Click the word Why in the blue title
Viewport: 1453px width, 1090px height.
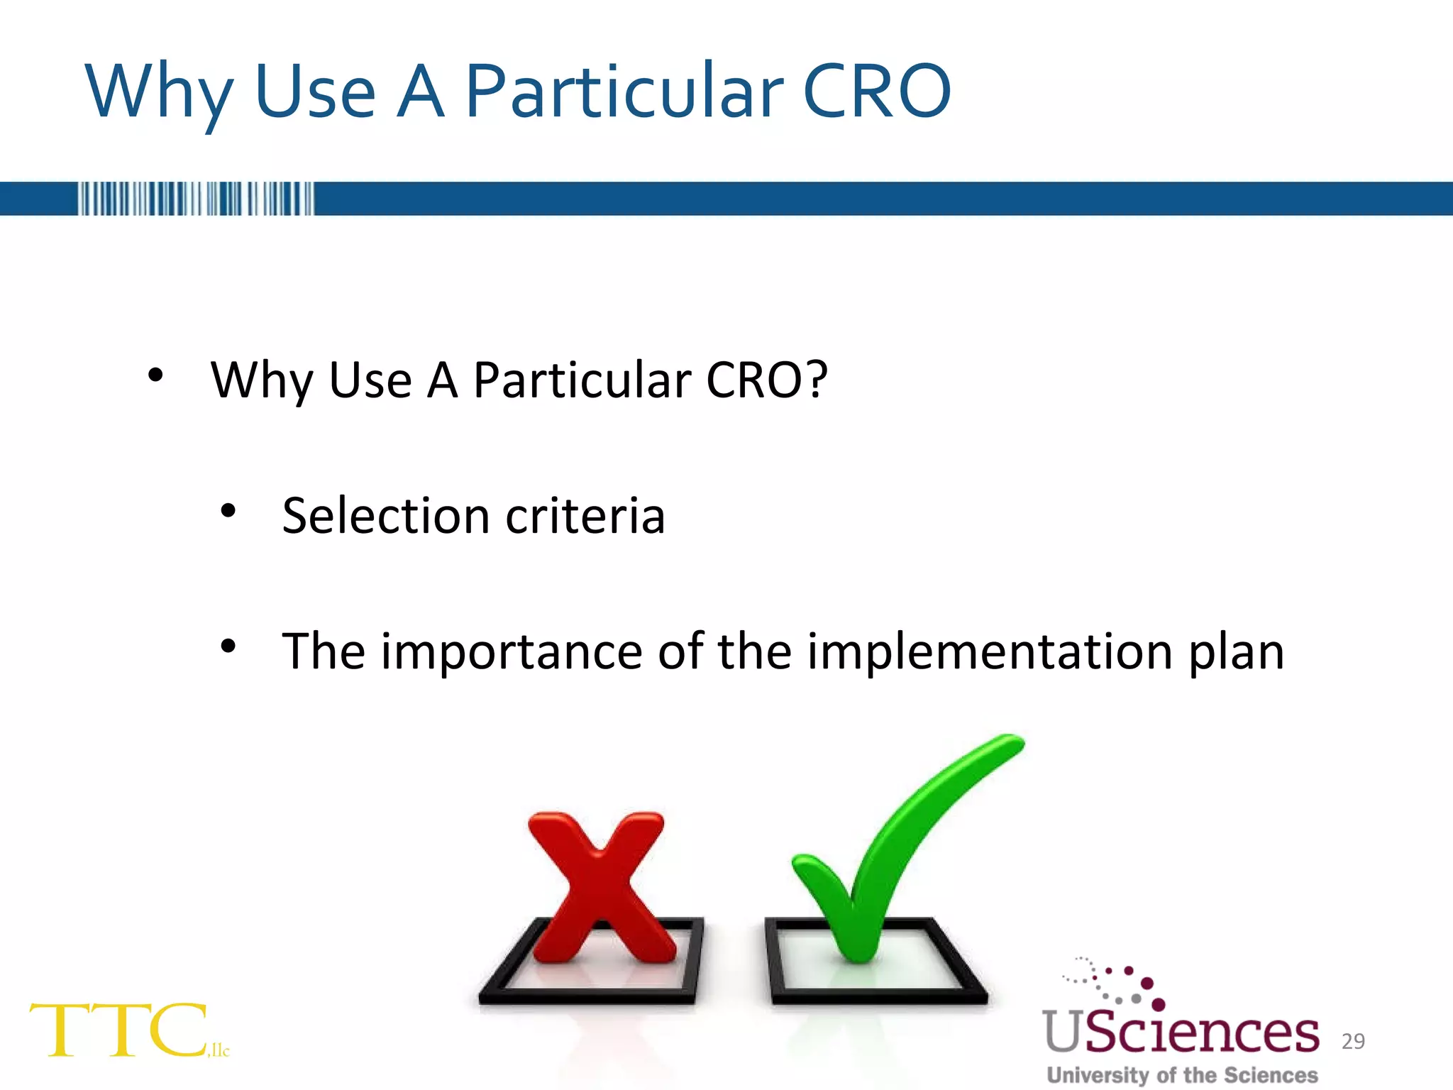[x=160, y=92]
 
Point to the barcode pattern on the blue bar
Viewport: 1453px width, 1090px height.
[x=195, y=199]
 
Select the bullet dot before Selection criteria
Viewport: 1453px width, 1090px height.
[x=228, y=510]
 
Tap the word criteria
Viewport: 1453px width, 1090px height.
[x=585, y=516]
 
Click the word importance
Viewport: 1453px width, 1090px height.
[x=511, y=651]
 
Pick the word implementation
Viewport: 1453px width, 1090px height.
[x=990, y=651]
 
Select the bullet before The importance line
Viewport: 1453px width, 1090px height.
[x=228, y=646]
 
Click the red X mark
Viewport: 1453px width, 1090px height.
[x=600, y=887]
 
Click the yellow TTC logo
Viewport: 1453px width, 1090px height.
[x=121, y=1030]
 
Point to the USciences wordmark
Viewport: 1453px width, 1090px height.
[x=1181, y=1033]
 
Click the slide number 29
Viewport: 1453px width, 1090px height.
[x=1353, y=1041]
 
